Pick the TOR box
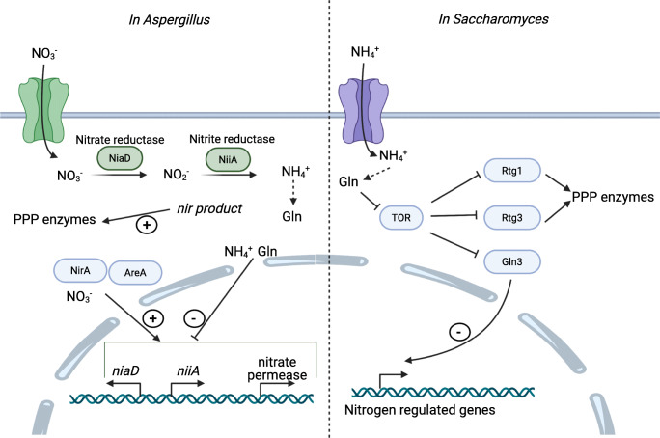[401, 219]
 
